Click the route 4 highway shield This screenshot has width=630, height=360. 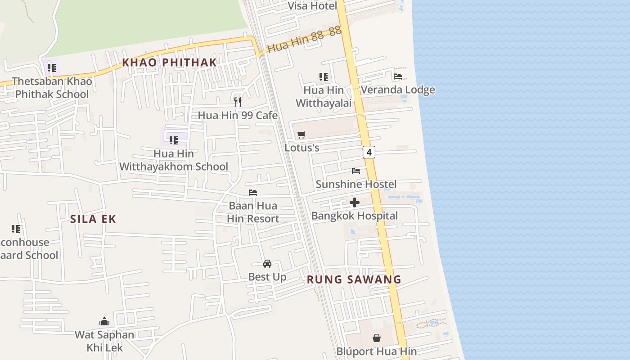click(x=369, y=152)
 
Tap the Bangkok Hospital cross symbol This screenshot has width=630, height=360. click(x=355, y=202)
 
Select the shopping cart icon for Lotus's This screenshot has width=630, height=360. click(x=301, y=135)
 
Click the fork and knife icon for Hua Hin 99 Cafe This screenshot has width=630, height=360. click(x=238, y=102)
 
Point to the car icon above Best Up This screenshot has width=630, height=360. click(x=267, y=263)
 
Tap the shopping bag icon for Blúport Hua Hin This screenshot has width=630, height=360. click(x=377, y=337)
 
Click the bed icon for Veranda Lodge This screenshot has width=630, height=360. click(x=398, y=76)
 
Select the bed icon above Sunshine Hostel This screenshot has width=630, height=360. click(x=356, y=171)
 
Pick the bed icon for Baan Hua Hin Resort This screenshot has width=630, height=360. click(x=253, y=193)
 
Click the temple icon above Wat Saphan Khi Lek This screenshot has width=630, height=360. click(x=104, y=321)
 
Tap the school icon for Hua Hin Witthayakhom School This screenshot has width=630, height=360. click(x=174, y=140)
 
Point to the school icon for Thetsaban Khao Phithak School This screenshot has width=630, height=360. click(x=52, y=68)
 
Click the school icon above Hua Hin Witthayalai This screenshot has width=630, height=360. click(x=323, y=77)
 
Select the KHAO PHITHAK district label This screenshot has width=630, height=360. click(x=170, y=63)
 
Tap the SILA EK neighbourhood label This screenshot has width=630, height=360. click(x=93, y=219)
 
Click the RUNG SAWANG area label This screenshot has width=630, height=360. click(x=354, y=279)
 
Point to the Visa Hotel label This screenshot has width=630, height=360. click(x=312, y=6)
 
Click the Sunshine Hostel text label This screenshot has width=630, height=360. click(x=356, y=184)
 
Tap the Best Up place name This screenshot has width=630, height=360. click(x=267, y=277)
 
